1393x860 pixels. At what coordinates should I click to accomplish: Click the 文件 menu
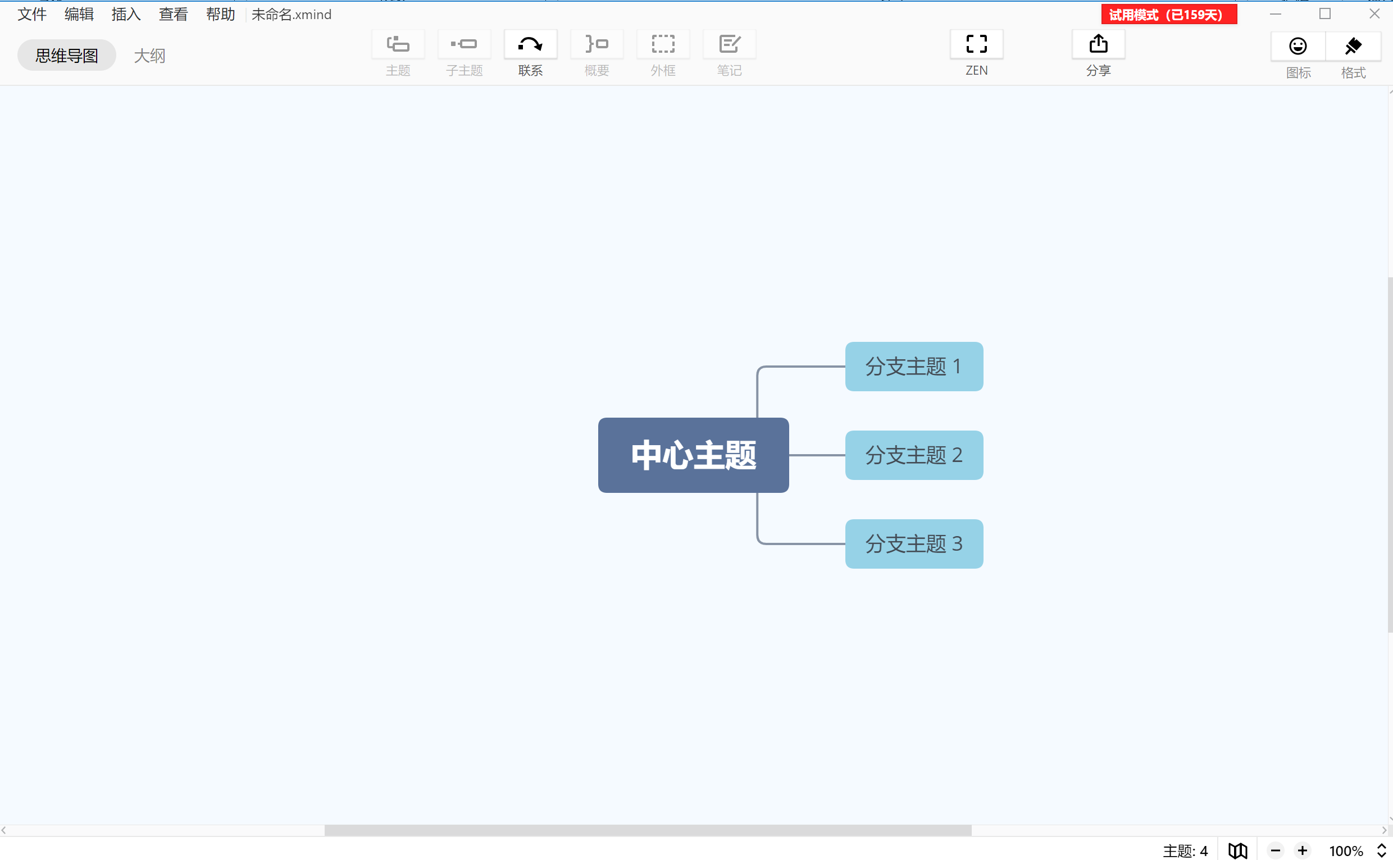(x=32, y=14)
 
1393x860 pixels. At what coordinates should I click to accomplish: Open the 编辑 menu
(x=79, y=14)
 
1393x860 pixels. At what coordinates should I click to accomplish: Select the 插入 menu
(x=126, y=14)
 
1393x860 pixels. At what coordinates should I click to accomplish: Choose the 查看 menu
(x=173, y=14)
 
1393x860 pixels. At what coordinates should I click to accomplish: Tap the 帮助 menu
(x=220, y=14)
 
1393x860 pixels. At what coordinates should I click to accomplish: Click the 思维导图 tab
(x=67, y=55)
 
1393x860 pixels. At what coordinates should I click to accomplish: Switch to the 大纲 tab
(x=149, y=55)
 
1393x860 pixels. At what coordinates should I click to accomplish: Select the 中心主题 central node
(x=693, y=455)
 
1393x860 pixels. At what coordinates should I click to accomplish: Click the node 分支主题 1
(x=914, y=367)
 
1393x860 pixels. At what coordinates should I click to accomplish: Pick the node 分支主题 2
(x=914, y=455)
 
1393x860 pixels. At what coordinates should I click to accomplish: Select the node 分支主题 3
(x=914, y=544)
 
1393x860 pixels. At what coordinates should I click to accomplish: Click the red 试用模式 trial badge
(x=1169, y=14)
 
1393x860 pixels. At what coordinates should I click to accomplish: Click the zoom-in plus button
(x=1303, y=851)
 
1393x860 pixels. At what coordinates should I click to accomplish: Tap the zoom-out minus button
(x=1275, y=851)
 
